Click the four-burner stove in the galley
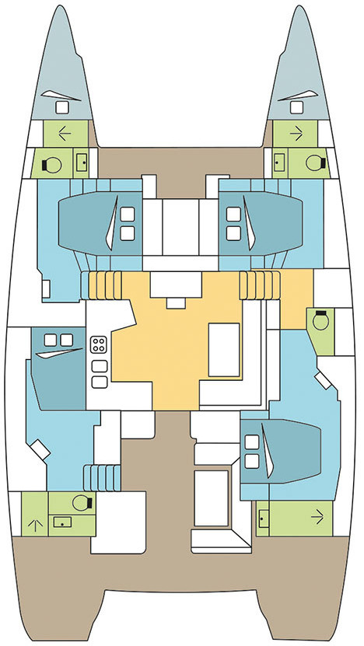100,344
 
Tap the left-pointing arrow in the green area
65,133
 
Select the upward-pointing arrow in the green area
33,521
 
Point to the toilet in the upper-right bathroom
313,162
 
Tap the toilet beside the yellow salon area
319,319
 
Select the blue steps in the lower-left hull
99,473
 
